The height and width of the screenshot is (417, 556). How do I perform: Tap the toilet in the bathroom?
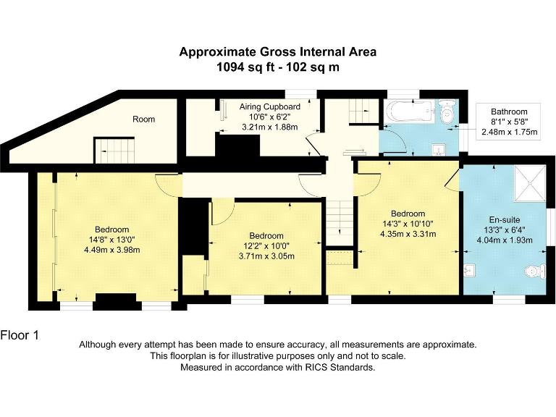[447, 113]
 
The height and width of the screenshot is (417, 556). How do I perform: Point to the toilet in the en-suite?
[534, 272]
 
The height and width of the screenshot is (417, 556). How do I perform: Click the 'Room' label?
[143, 119]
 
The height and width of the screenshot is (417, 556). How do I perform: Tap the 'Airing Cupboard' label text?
[269, 106]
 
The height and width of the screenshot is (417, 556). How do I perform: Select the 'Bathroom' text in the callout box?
[509, 111]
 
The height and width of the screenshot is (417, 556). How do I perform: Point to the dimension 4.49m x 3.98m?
[111, 250]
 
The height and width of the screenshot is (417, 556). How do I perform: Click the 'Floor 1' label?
[20, 334]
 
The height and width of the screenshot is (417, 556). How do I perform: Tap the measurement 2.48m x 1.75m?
[509, 132]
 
